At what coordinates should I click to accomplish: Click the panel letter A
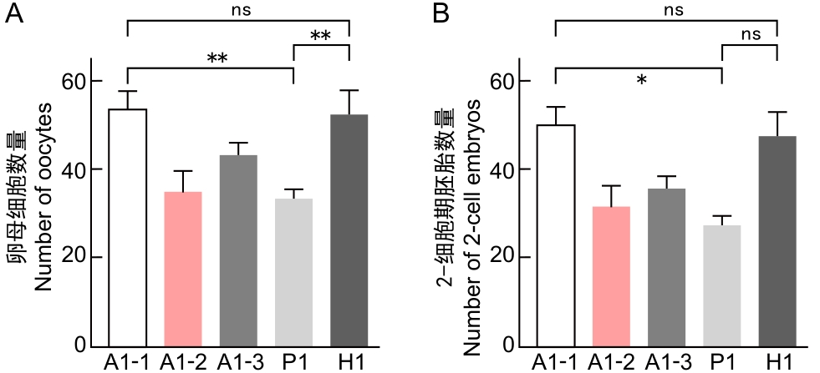pyautogui.click(x=13, y=14)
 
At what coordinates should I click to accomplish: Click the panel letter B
pyautogui.click(x=441, y=14)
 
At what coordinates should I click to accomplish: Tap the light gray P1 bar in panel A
pyautogui.click(x=293, y=272)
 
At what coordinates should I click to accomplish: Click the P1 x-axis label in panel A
pyautogui.click(x=294, y=362)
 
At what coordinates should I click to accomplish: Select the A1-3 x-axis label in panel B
pyautogui.click(x=666, y=362)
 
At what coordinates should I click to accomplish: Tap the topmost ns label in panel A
pyautogui.click(x=238, y=11)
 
